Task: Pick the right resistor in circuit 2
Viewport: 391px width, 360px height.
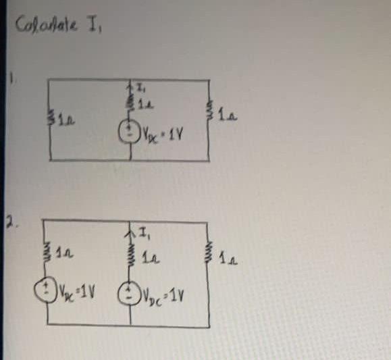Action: [209, 253]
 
